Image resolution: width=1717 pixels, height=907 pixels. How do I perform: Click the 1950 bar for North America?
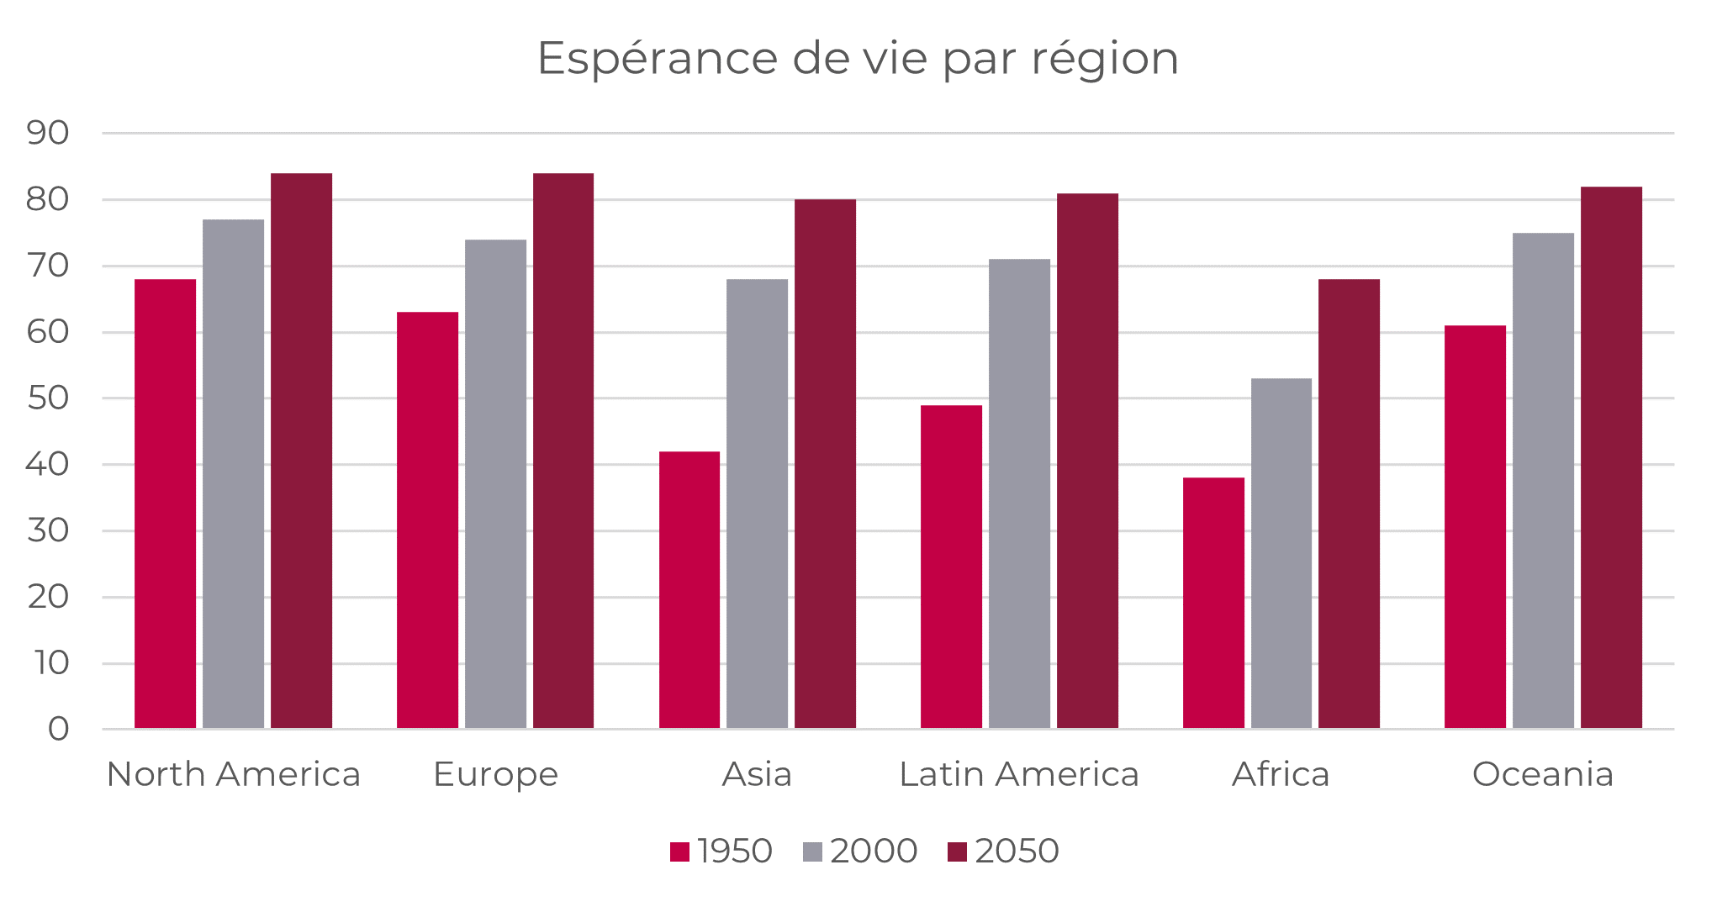[x=165, y=504]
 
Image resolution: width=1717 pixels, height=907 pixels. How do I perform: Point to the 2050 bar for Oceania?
[x=1611, y=457]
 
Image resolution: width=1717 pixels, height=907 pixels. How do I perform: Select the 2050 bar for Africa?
[x=1349, y=504]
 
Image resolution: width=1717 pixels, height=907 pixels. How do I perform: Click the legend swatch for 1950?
[x=679, y=852]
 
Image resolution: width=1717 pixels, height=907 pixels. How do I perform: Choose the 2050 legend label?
[x=1017, y=852]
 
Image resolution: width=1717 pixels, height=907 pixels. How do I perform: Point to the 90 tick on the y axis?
[x=48, y=133]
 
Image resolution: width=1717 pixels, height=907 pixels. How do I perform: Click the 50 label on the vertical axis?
[x=48, y=398]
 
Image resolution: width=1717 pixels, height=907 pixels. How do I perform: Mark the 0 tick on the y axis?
[x=58, y=730]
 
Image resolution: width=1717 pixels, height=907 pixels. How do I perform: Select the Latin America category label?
[x=1019, y=774]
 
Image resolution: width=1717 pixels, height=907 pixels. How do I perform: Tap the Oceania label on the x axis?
[x=1543, y=774]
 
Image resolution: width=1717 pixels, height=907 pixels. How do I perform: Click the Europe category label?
[x=495, y=774]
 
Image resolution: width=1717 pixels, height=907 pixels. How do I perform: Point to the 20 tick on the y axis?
[x=48, y=597]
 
